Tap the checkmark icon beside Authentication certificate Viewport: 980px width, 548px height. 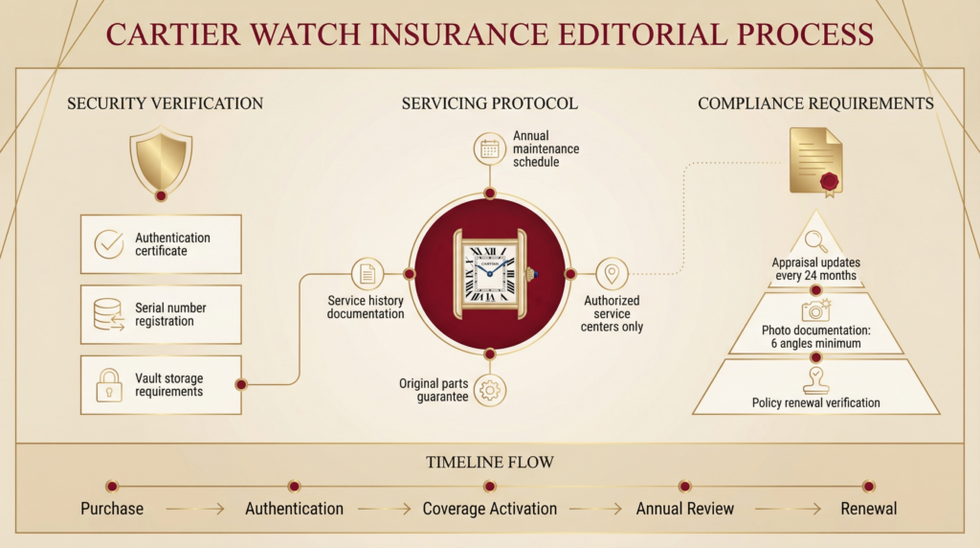[x=109, y=244]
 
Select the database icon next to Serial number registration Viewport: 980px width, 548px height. [x=109, y=314]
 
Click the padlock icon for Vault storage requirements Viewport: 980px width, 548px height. [x=109, y=385]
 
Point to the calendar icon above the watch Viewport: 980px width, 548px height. [x=490, y=148]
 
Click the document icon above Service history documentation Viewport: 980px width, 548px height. [x=367, y=274]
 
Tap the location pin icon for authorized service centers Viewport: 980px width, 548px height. [x=612, y=274]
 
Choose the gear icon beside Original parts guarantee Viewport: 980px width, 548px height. [x=490, y=390]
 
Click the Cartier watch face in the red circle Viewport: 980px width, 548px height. [x=490, y=273]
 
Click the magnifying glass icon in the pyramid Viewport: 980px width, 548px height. [x=816, y=240]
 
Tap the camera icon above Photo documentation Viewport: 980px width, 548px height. [x=816, y=309]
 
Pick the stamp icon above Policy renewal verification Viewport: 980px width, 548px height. [x=816, y=378]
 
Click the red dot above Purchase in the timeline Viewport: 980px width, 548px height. [x=112, y=486]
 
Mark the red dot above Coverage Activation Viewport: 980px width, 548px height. [x=490, y=486]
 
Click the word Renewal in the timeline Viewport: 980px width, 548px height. [x=869, y=509]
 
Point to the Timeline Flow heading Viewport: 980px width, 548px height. [x=490, y=463]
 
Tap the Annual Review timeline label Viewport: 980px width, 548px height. [x=685, y=509]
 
